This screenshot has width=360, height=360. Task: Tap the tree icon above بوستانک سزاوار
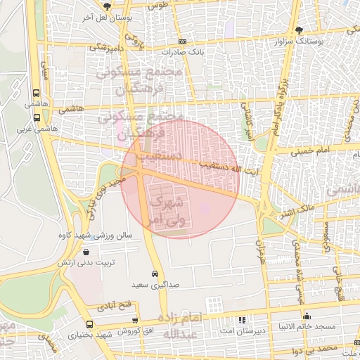click(300, 30)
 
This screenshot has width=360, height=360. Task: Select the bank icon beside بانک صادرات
click(182, 42)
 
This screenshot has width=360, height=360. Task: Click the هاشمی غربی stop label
click(35, 129)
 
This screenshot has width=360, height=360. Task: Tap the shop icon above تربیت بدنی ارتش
click(86, 251)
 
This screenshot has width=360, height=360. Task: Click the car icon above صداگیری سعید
click(154, 274)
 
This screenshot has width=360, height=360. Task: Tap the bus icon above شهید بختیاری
click(89, 324)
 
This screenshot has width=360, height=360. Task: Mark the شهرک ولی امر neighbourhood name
click(166, 210)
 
